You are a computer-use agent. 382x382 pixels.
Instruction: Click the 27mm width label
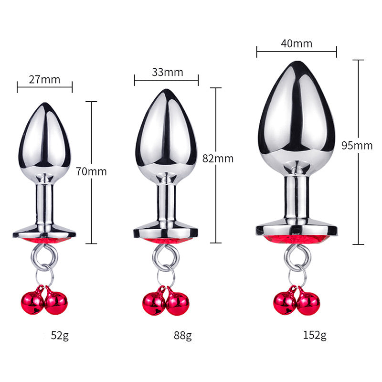coord(44,80)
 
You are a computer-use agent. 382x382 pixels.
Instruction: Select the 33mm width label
coord(168,72)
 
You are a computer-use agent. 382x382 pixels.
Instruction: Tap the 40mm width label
coord(297,43)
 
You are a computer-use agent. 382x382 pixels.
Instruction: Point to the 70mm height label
coord(91,171)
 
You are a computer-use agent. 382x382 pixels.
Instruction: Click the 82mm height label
coord(218,159)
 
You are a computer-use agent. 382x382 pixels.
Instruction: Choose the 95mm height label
coord(357,146)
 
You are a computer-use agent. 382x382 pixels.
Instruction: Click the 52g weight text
coord(60,336)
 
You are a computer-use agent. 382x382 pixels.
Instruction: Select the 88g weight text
coord(183,336)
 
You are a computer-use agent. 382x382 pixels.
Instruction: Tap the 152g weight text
coord(315,335)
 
